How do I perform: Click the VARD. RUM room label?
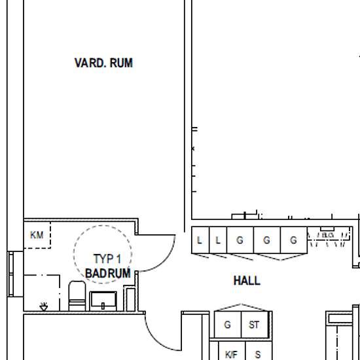(x=103, y=63)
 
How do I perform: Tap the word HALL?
(x=247, y=281)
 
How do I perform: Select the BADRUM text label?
(x=108, y=273)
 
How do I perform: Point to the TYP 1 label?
(x=107, y=259)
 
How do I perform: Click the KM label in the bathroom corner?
(x=37, y=235)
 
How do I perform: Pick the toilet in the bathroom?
(x=77, y=296)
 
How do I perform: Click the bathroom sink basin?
(x=103, y=301)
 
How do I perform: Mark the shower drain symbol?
(x=44, y=306)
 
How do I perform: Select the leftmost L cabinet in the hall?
(x=200, y=240)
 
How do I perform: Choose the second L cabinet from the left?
(x=218, y=240)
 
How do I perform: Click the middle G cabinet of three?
(x=267, y=240)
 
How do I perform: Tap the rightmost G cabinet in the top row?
(x=294, y=240)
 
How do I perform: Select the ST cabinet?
(x=255, y=325)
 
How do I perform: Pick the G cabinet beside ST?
(x=228, y=325)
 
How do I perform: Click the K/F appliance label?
(x=231, y=355)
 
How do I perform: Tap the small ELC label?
(x=327, y=235)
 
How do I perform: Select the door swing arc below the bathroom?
(x=156, y=339)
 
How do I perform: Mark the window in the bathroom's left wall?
(x=10, y=274)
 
